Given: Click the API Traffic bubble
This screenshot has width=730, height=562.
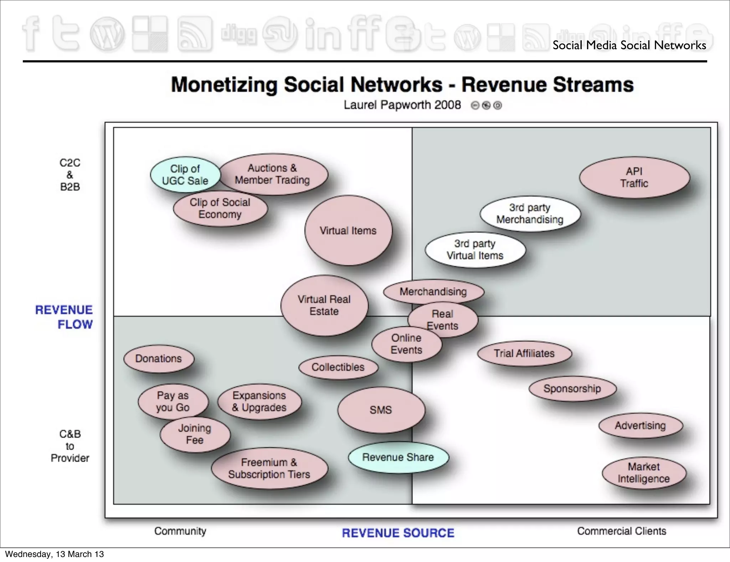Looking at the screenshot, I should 634,177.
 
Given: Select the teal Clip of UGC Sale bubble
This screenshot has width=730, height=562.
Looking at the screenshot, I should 185,175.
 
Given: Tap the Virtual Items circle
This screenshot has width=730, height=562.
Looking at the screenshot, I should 348,230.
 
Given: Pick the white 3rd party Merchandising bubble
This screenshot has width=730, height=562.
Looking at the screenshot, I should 530,214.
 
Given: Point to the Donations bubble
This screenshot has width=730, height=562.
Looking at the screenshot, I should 159,358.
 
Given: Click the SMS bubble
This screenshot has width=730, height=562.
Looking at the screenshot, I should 381,410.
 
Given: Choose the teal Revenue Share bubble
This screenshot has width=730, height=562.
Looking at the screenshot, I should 398,457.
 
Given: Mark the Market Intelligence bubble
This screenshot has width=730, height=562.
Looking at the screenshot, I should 644,473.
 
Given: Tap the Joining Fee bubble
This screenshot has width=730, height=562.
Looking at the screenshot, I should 195,434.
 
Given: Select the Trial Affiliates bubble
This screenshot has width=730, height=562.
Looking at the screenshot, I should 524,353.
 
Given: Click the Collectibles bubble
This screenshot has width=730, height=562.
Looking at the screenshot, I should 338,367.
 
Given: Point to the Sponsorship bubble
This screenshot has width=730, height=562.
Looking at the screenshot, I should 572,388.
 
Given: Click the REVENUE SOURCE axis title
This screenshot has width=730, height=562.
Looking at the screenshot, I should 398,533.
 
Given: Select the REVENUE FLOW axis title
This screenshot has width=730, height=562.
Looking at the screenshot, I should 64,317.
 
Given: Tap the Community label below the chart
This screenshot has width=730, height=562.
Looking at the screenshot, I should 180,531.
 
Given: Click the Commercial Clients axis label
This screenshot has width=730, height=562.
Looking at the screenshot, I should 622,531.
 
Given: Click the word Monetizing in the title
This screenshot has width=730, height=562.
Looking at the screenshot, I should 224,85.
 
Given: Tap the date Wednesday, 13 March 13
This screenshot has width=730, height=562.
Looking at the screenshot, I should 55,554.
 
